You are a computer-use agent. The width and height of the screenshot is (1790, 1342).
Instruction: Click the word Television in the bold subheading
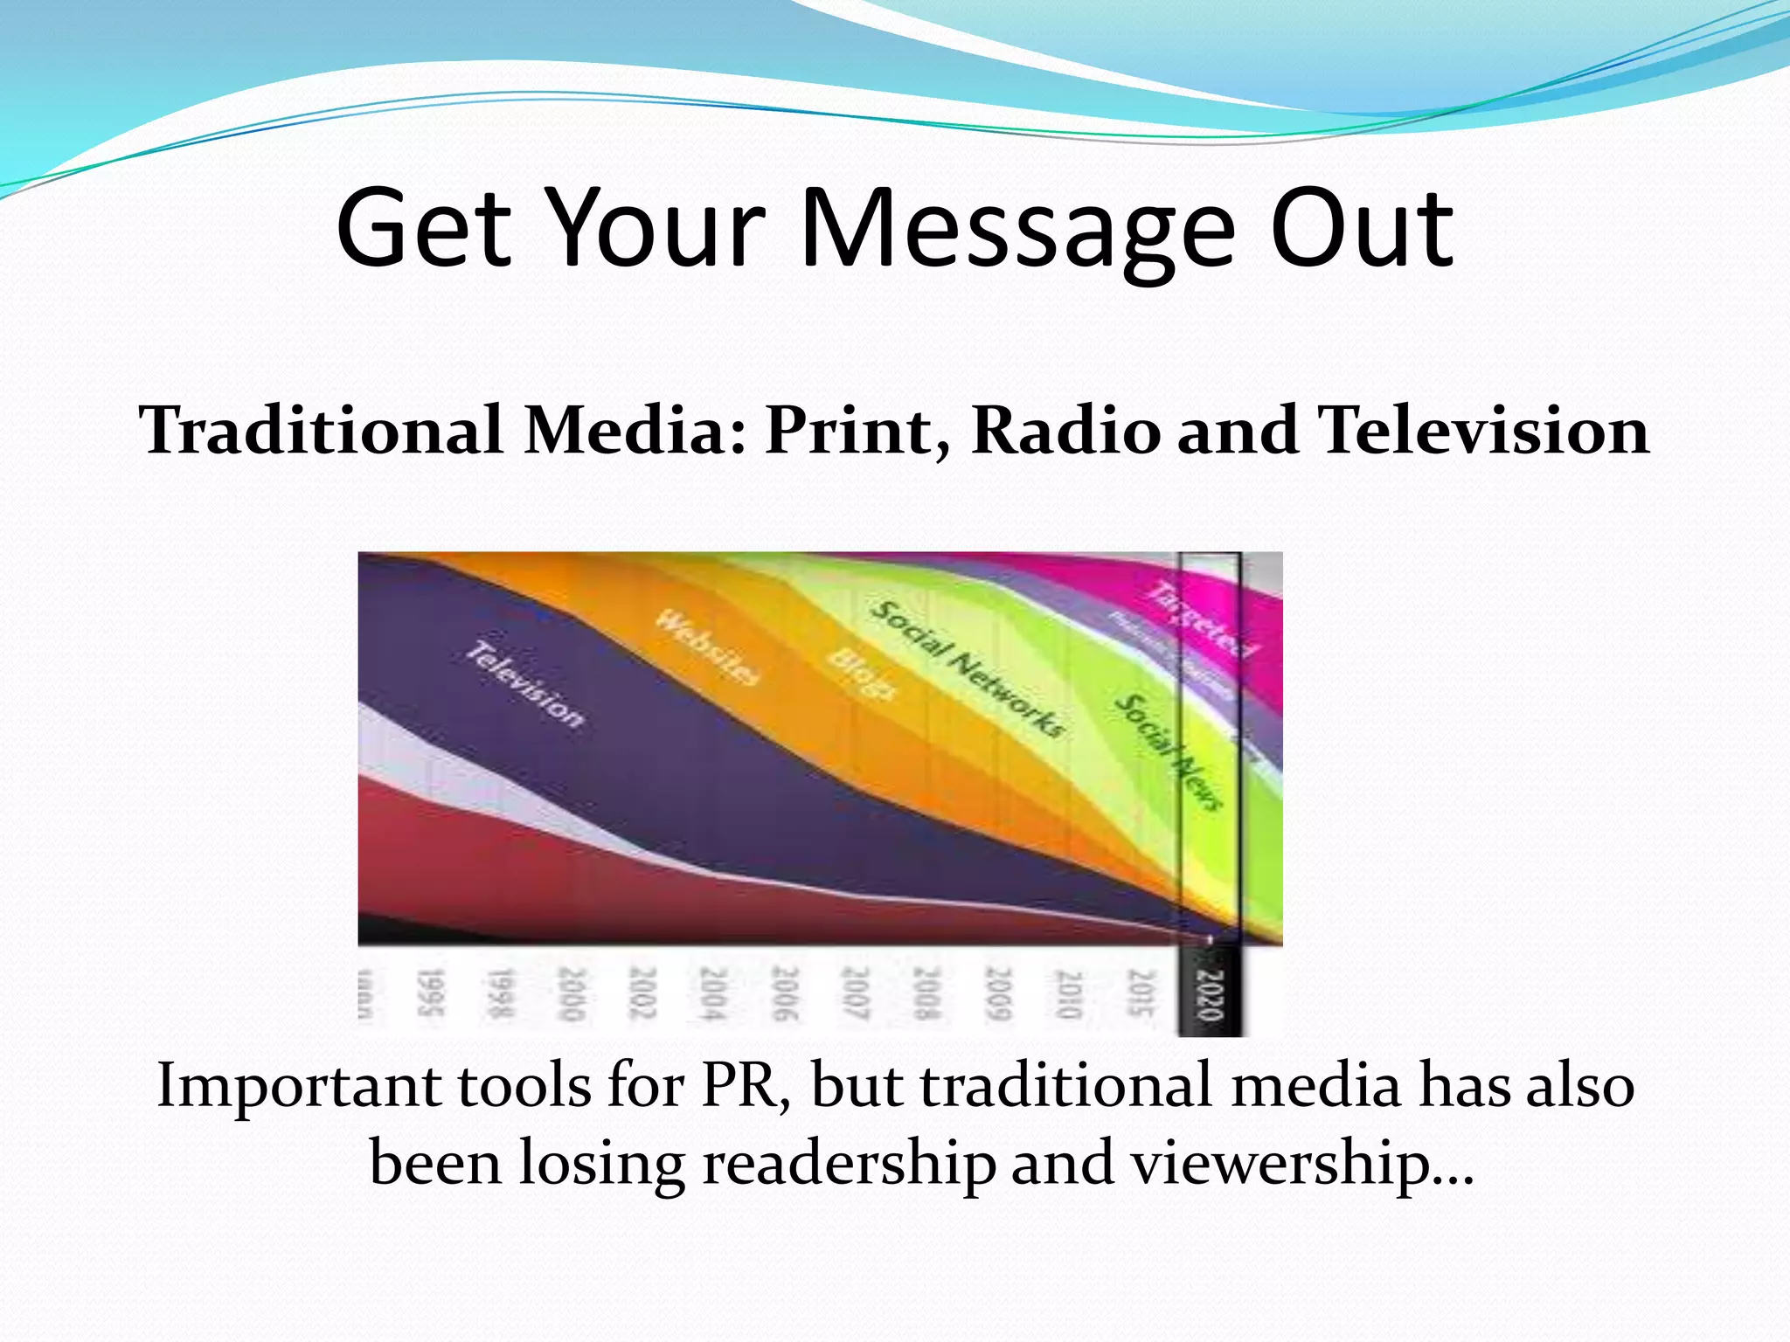point(1484,431)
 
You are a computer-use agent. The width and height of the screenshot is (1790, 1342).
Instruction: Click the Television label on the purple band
point(524,685)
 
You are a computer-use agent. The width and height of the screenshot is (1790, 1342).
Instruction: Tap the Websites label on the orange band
point(709,647)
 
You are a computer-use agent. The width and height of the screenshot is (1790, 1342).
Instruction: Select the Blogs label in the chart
point(862,674)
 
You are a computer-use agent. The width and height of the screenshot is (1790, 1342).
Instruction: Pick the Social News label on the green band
point(1167,751)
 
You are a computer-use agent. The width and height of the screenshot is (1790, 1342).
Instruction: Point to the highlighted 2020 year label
point(1209,994)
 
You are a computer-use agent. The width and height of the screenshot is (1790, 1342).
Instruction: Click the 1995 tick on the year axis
point(429,993)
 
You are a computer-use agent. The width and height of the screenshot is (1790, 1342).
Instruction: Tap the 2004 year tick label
point(713,993)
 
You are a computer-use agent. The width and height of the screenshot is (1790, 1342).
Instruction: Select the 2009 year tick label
point(997,993)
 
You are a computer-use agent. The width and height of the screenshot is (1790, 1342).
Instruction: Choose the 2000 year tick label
point(571,993)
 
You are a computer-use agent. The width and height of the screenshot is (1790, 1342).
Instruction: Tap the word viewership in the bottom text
point(1302,1163)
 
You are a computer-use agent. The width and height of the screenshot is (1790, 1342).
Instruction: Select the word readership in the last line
point(850,1163)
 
